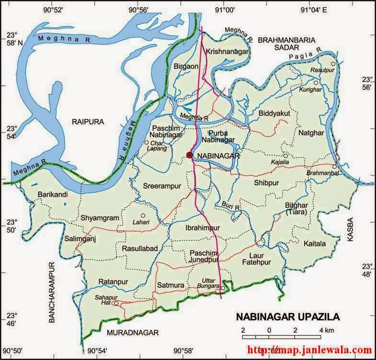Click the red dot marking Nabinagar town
pos(189,155)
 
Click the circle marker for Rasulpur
pos(333,64)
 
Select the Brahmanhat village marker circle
pos(334,166)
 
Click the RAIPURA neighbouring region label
pos(88,122)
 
